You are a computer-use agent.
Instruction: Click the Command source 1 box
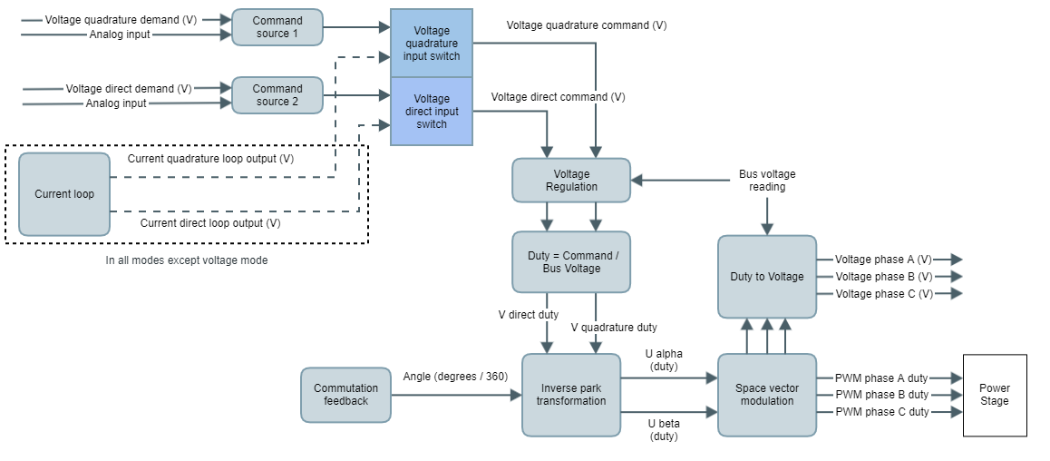point(277,27)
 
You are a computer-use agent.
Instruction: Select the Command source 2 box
point(277,95)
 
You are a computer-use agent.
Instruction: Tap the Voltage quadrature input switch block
point(432,43)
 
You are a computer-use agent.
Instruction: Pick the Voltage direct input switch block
point(432,112)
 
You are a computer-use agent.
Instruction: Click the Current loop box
point(64,194)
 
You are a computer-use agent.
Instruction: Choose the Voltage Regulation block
point(571,180)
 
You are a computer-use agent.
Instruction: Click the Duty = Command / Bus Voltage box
point(571,261)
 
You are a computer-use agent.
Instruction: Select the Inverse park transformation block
point(571,395)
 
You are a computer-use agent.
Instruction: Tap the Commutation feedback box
point(345,395)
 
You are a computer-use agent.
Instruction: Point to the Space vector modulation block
point(767,395)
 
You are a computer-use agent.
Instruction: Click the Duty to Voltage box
point(767,277)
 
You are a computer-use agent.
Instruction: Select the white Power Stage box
point(995,395)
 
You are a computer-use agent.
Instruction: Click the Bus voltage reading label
point(767,180)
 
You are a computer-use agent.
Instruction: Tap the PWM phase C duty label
point(881,412)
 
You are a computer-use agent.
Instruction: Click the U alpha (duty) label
point(665,359)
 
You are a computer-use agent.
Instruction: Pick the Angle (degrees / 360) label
point(455,376)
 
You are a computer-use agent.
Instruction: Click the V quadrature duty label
point(614,328)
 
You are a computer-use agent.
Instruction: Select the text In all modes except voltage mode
point(187,260)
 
